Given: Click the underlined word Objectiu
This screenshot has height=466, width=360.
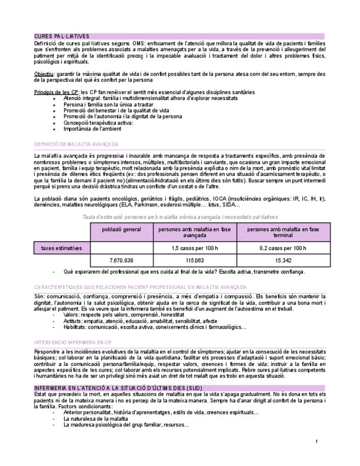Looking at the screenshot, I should tap(43, 73).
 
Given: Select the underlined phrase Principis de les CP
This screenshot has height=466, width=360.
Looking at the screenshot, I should tap(56, 92).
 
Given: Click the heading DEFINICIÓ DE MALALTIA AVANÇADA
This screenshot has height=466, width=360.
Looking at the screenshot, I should tap(76, 144).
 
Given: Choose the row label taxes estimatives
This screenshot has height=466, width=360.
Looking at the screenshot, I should tap(62, 248).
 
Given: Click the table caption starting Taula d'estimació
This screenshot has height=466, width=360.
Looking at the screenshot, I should tap(180, 217).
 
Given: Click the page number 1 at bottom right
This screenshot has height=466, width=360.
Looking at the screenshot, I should tap(317, 441).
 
